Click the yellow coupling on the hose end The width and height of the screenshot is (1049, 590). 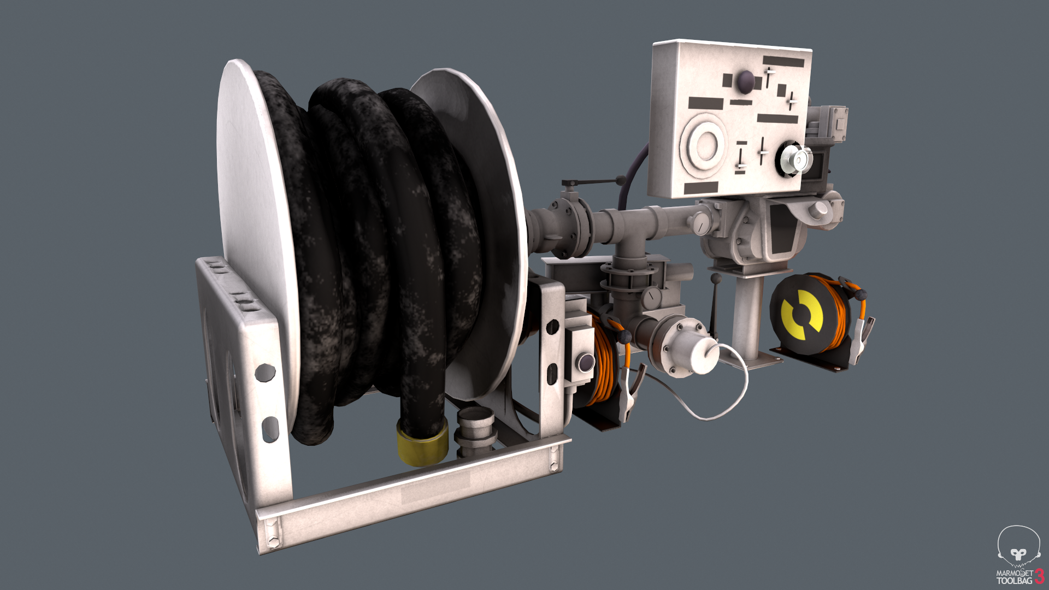[422, 444]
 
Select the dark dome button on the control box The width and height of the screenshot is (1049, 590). [745, 82]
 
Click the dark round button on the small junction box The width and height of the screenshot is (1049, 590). [586, 361]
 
